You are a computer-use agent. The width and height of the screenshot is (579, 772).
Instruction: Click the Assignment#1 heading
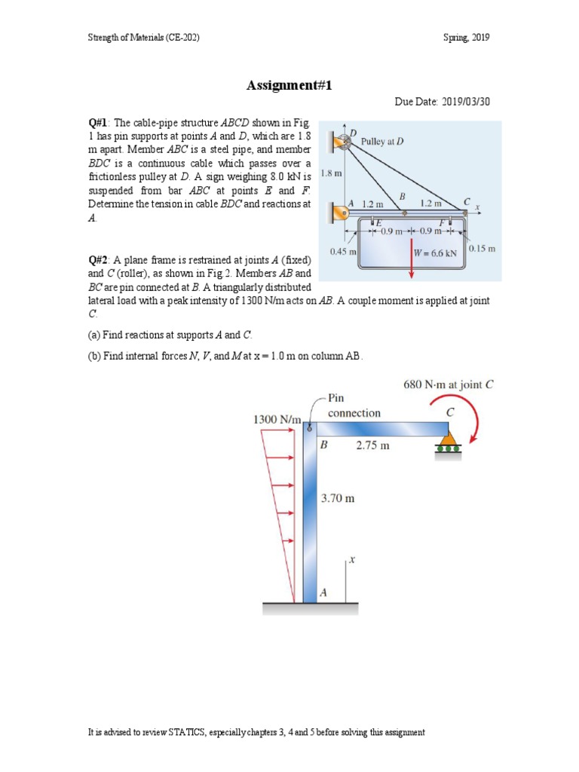(x=289, y=86)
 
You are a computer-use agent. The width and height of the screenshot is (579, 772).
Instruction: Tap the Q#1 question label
(x=99, y=122)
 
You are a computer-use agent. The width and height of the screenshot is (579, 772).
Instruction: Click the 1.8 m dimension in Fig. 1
(x=332, y=173)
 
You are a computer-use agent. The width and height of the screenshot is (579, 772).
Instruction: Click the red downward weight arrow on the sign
(x=412, y=260)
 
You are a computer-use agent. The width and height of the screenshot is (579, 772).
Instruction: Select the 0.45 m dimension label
(x=343, y=251)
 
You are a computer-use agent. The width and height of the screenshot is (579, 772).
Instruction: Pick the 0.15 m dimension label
(x=482, y=248)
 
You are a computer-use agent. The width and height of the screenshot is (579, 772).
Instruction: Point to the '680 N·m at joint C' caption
(x=449, y=384)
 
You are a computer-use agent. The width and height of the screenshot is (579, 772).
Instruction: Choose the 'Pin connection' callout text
(x=354, y=406)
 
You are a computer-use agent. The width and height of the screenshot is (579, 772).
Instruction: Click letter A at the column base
(x=323, y=593)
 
